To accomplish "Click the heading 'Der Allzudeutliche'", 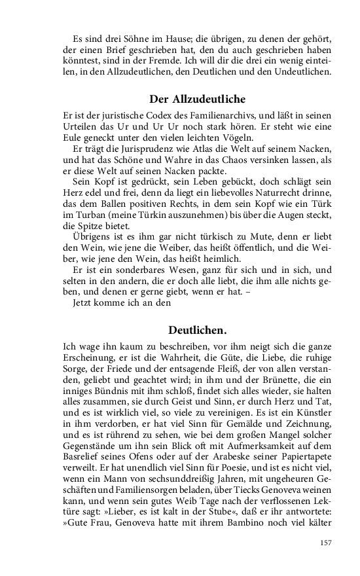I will pyautogui.click(x=197, y=99).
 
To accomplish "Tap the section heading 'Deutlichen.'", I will pyautogui.click(x=197, y=330).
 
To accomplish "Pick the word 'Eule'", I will pyautogui.click(x=73, y=138).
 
